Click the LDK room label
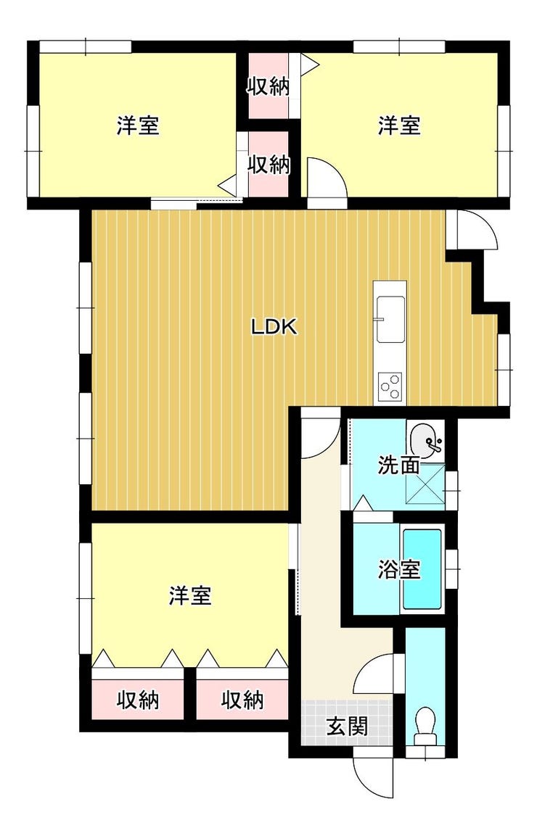point(274,327)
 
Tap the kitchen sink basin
point(390,319)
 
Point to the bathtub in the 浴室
point(422,569)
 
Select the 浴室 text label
point(398,570)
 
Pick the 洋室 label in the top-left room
point(139,126)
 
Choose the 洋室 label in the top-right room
point(400,126)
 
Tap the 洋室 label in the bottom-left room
point(191,595)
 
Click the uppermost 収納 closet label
point(268,86)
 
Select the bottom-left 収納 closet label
point(139,700)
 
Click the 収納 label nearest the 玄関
point(243,700)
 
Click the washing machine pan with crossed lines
point(426,483)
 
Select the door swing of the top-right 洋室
point(327,178)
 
